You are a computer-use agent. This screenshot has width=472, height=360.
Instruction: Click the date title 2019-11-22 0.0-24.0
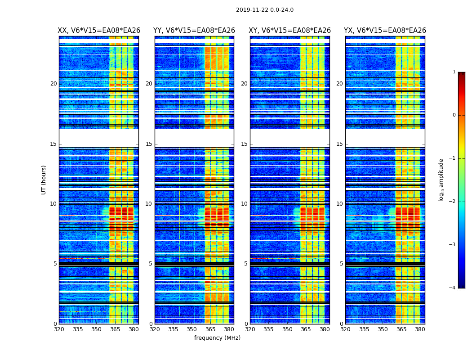pos(264,10)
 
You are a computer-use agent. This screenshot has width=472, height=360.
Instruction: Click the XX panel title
pos(99,31)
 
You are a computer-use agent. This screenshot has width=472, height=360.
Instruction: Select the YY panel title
pos(194,31)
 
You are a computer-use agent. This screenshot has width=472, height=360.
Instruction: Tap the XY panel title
pos(289,31)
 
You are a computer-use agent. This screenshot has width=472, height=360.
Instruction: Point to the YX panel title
pos(385,31)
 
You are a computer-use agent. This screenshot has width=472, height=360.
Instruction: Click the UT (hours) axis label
pos(44,180)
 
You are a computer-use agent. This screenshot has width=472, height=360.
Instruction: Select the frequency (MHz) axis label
pos(217,338)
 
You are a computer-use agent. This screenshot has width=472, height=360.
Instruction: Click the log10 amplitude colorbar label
pos(441,180)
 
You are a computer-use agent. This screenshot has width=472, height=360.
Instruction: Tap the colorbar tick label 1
pos(454,72)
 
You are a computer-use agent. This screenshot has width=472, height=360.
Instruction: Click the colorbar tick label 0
pos(454,115)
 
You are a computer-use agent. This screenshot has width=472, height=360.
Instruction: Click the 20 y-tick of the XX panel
pos(53,84)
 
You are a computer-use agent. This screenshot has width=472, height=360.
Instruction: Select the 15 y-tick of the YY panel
pos(149,144)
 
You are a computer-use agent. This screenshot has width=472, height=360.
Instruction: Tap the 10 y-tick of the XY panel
pos(244,204)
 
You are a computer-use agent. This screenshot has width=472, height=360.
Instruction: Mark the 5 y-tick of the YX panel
pos(341,264)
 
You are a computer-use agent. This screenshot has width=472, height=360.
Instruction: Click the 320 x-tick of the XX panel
pos(59,329)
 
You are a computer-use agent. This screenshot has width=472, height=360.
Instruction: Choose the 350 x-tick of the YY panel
pos(192,329)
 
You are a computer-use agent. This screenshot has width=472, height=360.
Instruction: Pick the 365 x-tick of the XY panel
pos(306,329)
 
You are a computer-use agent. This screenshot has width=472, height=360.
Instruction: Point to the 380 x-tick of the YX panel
pos(420,329)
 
